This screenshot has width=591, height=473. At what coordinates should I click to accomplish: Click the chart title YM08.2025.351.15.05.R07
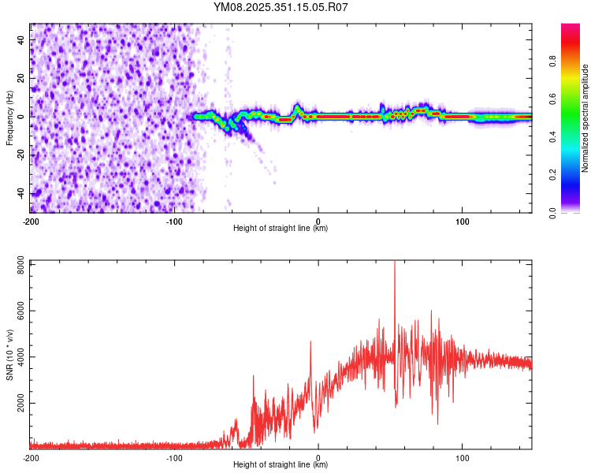(281, 7)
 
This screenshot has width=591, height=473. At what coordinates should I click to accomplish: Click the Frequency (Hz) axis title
(9, 117)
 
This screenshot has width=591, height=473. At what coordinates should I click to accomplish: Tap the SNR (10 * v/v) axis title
(9, 353)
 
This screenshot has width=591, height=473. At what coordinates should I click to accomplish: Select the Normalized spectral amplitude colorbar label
(585, 118)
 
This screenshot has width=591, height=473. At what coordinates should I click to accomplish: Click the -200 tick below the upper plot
(31, 221)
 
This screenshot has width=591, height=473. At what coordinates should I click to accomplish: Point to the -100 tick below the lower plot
(174, 457)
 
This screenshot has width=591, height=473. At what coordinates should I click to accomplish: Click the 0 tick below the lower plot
(318, 457)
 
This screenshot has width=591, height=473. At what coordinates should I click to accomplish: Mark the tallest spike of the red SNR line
(395, 263)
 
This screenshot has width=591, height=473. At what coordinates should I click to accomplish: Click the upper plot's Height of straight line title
(281, 229)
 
